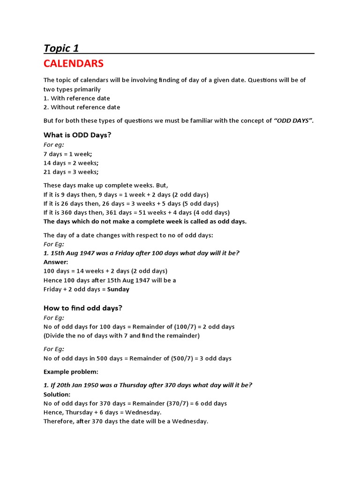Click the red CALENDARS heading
click(74, 63)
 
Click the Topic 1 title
click(61, 48)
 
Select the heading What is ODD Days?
click(77, 135)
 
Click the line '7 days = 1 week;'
click(68, 154)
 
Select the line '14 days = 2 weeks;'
click(71, 163)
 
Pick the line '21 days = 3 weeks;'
click(71, 172)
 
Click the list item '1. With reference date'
click(77, 98)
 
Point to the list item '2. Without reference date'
click(82, 107)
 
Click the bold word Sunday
click(118, 289)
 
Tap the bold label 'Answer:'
click(56, 262)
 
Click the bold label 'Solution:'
click(57, 394)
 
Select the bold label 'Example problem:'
click(71, 372)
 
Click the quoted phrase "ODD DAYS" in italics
click(293, 121)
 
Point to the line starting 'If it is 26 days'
click(131, 203)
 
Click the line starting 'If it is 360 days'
click(136, 212)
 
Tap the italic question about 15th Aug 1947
click(142, 253)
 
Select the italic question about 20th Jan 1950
click(148, 385)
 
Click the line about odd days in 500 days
click(137, 359)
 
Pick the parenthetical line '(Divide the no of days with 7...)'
click(121, 336)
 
